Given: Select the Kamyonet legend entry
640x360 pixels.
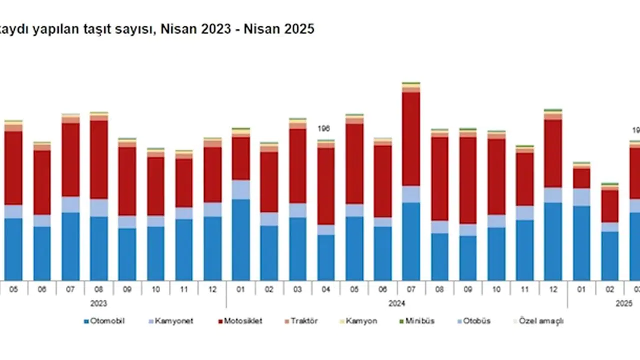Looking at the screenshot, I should coord(172,321).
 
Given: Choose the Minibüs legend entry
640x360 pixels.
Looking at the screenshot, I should coord(419,321).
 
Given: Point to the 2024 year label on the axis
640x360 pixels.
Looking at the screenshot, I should coord(396,303).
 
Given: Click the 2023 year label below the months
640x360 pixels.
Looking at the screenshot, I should coord(98,303).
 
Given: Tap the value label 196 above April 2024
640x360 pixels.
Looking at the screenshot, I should coord(324,129).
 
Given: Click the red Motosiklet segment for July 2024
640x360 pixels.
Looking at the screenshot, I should coord(411,139).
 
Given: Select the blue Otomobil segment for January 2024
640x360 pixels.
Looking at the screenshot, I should coord(241,239).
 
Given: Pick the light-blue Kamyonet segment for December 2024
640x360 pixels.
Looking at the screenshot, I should coord(553,195).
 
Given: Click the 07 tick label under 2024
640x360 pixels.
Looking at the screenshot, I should coord(411,289).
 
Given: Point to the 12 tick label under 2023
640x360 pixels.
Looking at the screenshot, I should coord(212,289).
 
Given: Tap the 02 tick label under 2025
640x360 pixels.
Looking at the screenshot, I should coord(609,289).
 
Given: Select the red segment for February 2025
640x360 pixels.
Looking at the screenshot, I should coord(610,206).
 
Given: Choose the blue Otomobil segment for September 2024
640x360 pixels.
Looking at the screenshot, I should coord(468,257).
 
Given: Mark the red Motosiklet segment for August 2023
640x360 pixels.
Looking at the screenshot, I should coord(99,159).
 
